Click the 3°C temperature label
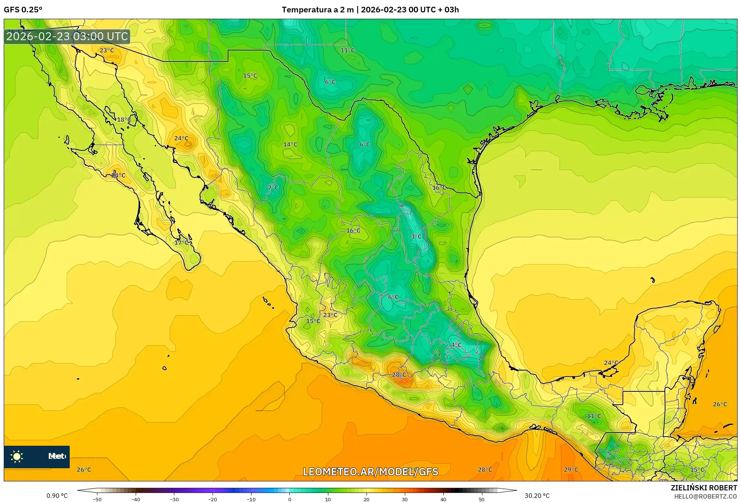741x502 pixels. point(416,237)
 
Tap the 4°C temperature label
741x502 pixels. point(456,345)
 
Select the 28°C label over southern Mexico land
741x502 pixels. point(399,375)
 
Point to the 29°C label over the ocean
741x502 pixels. point(571,470)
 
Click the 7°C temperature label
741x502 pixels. point(273,188)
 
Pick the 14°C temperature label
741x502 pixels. point(290,144)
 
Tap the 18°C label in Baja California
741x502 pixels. point(124,120)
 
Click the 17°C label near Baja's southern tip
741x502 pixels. point(181,243)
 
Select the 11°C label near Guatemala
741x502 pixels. point(594,416)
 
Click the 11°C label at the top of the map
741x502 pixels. point(347,50)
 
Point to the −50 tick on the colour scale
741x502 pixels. point(97,499)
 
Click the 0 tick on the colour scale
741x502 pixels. point(289,499)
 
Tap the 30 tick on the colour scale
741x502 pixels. point(405,499)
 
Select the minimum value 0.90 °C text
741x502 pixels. point(57,496)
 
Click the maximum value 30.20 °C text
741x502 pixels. point(537,496)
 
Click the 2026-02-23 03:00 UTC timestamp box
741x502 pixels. point(67,37)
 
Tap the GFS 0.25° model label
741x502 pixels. point(23,10)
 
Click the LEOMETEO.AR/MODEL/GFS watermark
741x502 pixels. point(370,472)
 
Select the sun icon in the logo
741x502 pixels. point(17,457)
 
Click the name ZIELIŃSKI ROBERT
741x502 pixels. point(704,488)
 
